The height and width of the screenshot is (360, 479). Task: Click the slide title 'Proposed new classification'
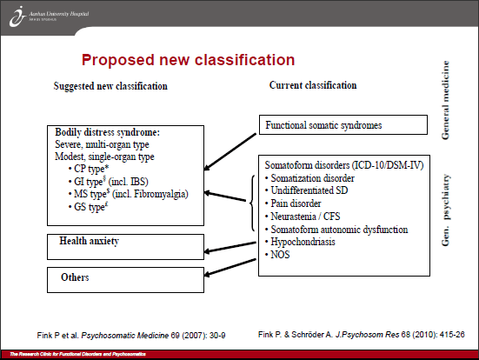click(187, 60)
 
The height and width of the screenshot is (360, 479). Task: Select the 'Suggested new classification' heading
click(110, 86)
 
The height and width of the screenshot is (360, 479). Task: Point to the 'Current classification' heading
click(312, 85)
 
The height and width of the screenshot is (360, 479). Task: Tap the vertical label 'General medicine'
click(446, 100)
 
